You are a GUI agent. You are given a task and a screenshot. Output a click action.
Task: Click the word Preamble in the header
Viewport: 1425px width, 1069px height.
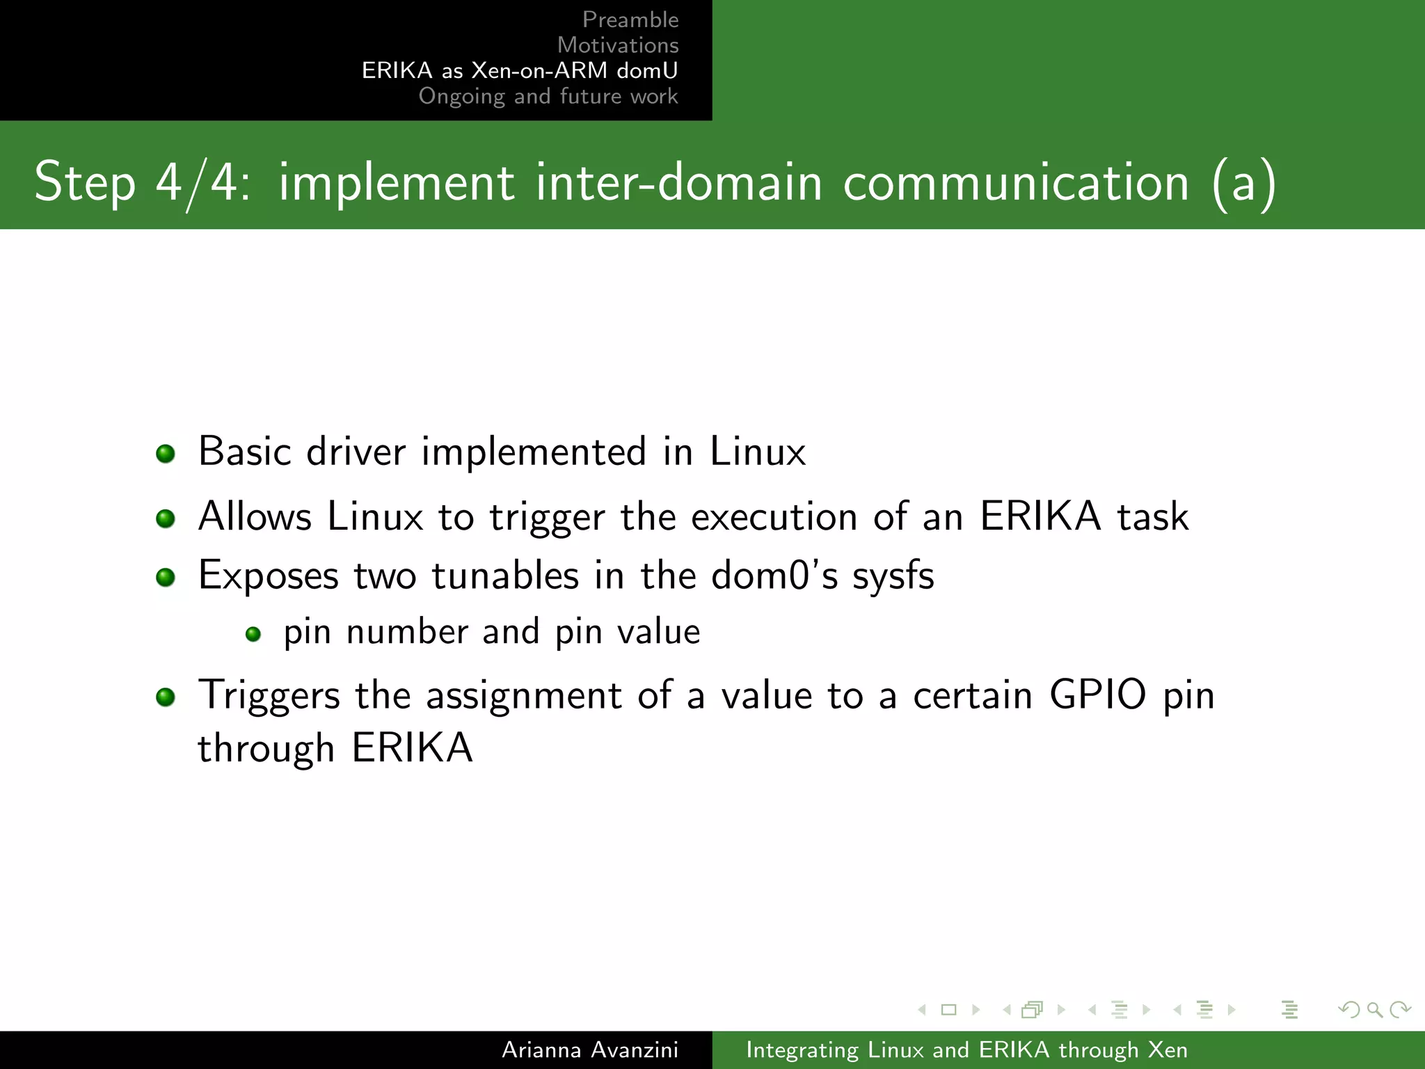click(630, 19)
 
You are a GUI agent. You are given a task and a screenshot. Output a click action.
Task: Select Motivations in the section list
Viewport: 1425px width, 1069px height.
click(617, 45)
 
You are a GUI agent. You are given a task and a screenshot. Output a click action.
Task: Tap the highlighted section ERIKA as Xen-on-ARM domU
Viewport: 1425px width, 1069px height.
click(519, 70)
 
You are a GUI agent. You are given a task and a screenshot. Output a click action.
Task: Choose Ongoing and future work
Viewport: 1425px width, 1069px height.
click(548, 96)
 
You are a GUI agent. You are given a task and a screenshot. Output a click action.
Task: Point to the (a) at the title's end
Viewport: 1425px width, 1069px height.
click(1243, 182)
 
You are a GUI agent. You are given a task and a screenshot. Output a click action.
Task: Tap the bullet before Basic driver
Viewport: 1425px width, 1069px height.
click(166, 454)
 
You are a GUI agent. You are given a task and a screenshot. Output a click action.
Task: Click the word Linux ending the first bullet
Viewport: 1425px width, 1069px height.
click(758, 452)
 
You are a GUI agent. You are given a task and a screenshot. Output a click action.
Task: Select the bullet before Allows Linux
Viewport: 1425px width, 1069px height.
click(166, 518)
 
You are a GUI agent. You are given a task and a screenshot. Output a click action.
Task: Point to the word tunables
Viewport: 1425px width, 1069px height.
click(505, 576)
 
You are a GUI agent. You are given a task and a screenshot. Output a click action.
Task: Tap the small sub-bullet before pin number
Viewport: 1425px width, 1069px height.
click(253, 634)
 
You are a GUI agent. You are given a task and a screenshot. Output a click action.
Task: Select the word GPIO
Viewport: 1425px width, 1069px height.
click(1097, 695)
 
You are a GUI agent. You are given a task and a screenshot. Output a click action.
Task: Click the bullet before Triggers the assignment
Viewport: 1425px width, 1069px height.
click(166, 697)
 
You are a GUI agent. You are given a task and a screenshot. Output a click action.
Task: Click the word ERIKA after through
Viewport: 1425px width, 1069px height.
click(413, 748)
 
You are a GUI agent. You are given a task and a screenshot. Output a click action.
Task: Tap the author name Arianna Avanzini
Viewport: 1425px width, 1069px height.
click(589, 1050)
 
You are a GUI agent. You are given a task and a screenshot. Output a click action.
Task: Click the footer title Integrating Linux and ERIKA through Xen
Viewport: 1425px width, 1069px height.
click(966, 1050)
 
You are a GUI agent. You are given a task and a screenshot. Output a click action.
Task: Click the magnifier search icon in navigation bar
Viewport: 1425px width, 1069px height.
click(1375, 1009)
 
